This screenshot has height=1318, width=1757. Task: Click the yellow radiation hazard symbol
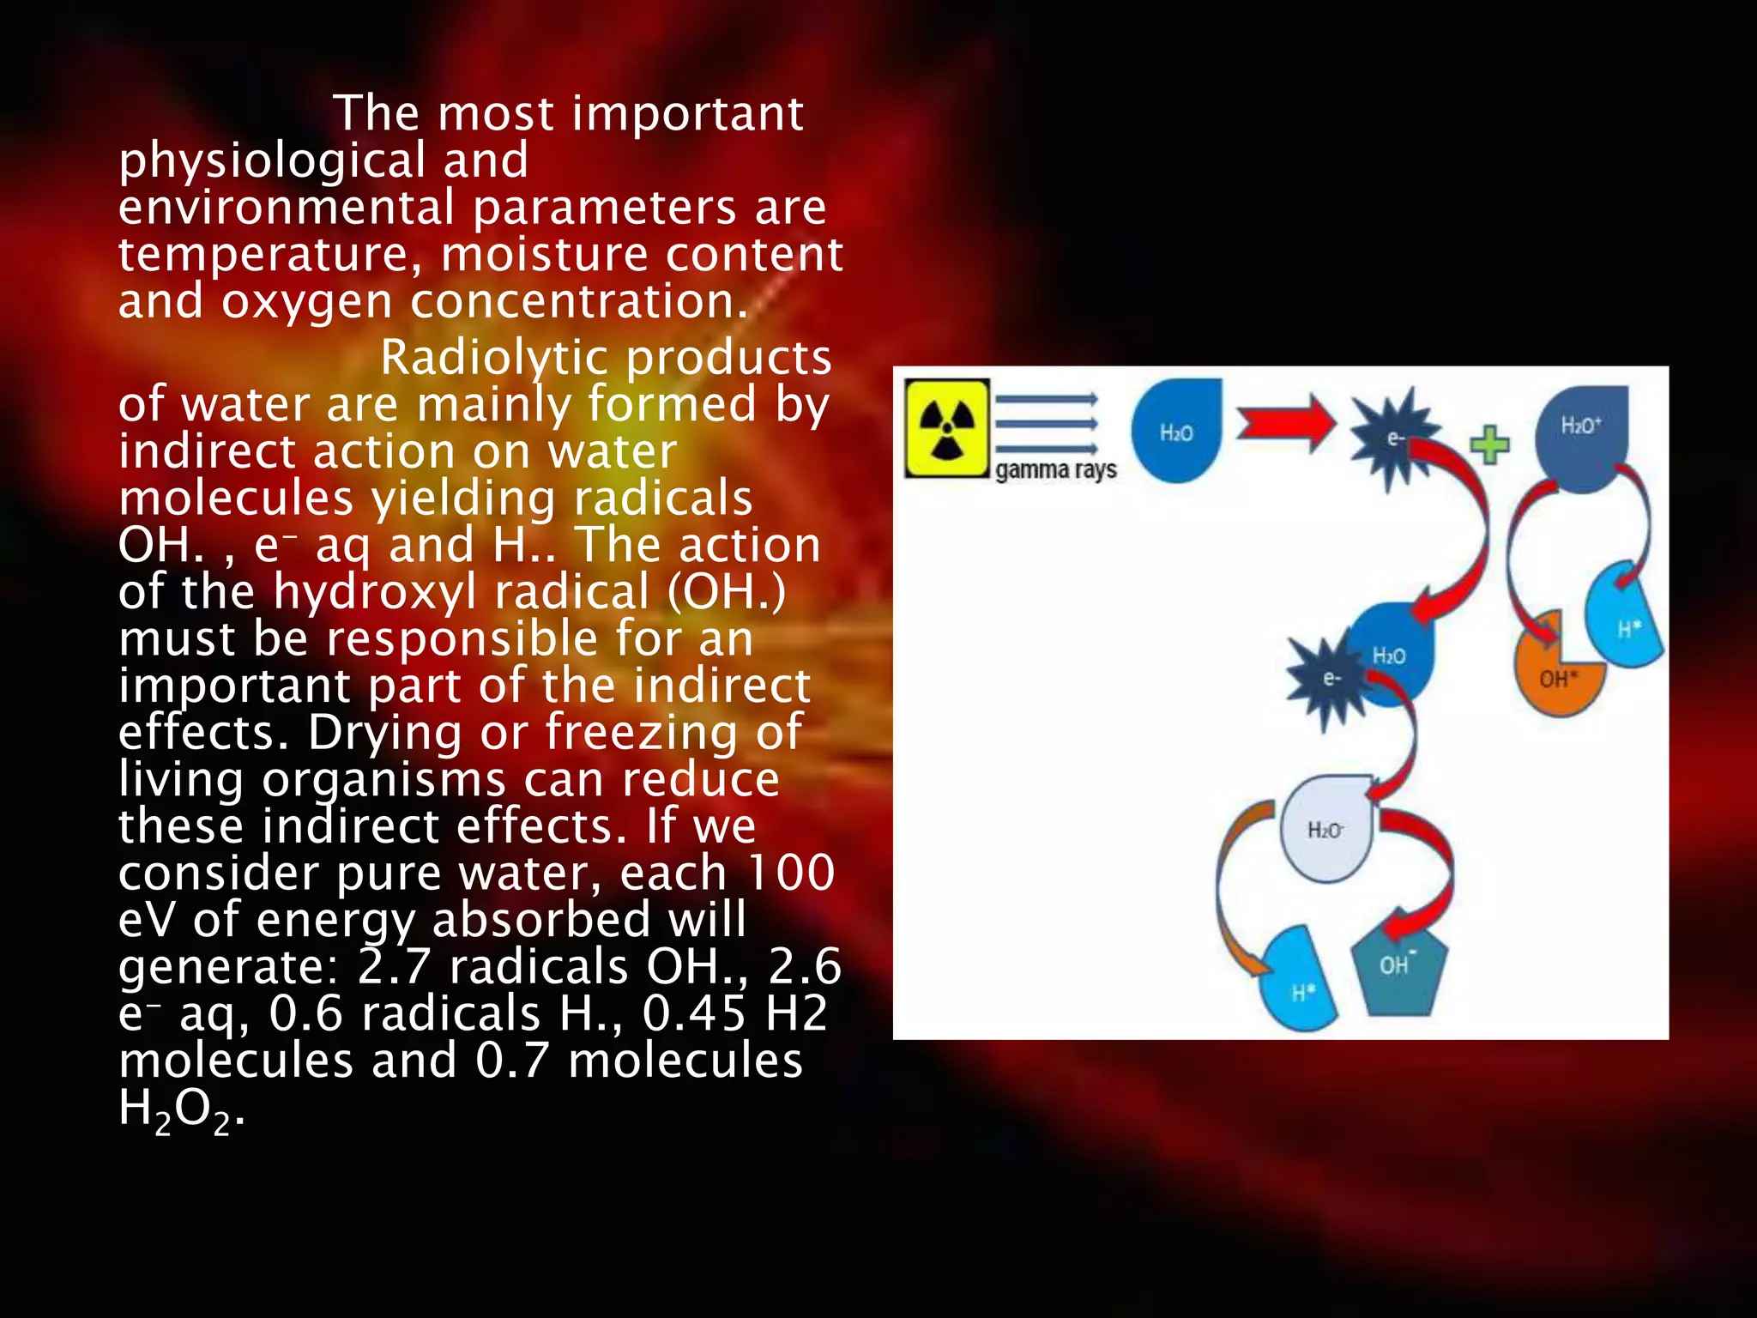[946, 428]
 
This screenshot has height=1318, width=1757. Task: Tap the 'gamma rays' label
[1056, 470]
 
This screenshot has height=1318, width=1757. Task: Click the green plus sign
[1489, 444]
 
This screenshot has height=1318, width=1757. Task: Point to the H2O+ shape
[1581, 437]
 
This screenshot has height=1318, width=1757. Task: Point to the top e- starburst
[1395, 439]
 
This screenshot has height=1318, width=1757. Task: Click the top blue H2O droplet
[1176, 432]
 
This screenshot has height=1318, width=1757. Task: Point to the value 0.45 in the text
[694, 1013]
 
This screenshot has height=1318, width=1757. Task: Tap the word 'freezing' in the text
[641, 733]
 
